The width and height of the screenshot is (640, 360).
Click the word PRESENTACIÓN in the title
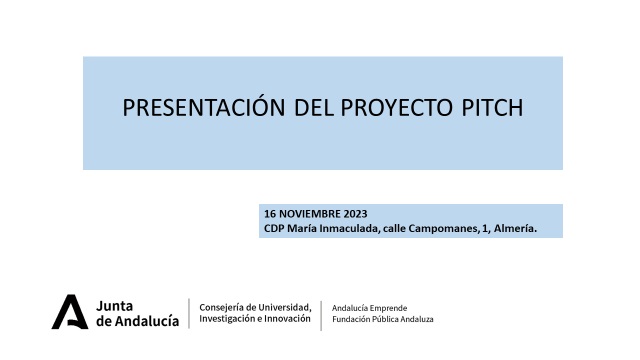(x=204, y=107)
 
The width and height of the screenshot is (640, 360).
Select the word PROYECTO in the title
(x=396, y=108)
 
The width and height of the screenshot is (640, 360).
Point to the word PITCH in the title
(x=492, y=108)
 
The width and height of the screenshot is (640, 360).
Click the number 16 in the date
(x=270, y=214)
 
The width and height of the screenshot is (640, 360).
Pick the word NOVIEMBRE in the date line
(x=310, y=214)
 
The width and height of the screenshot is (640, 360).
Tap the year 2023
(x=356, y=214)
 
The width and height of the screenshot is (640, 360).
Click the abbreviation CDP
(x=274, y=228)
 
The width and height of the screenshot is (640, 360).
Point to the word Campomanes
(x=443, y=228)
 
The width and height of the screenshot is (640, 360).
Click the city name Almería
(x=516, y=228)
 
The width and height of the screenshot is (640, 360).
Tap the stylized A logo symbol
(x=70, y=312)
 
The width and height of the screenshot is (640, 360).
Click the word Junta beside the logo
(x=114, y=306)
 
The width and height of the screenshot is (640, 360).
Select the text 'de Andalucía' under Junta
(x=138, y=321)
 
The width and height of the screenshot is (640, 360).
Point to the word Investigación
(x=227, y=319)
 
